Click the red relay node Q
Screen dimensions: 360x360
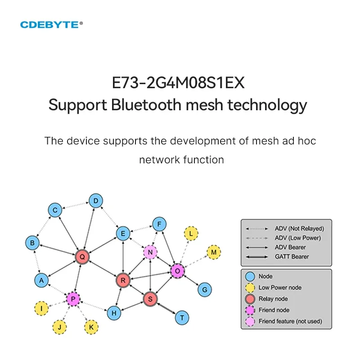pos(82,256)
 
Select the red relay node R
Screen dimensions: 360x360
pos(122,280)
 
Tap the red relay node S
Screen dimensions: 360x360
pos(150,298)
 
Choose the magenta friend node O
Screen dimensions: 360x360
pos(177,270)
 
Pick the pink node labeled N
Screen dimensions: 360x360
pos(150,252)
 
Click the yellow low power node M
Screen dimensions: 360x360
pos(213,252)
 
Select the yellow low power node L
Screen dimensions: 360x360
pos(191,234)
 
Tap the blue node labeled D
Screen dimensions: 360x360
pos(95,201)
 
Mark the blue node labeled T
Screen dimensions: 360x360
pos(182,317)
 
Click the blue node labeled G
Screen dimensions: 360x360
pos(204,289)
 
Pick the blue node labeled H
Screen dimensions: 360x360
pos(114,313)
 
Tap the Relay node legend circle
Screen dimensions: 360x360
pos(251,299)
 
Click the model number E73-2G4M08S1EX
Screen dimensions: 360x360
pos(178,84)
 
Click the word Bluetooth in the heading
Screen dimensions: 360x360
pos(140,105)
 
